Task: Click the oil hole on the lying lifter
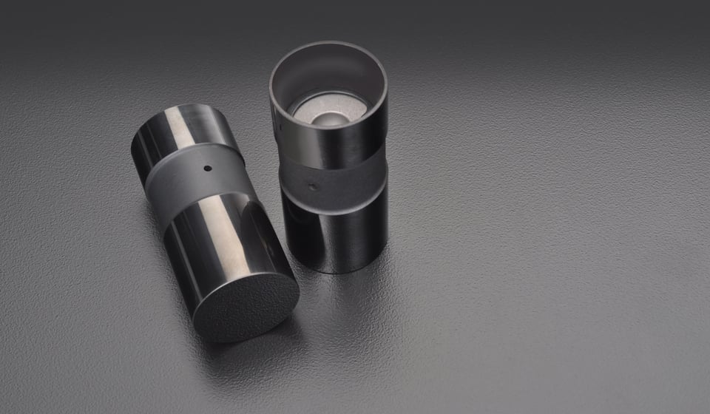[x=208, y=168]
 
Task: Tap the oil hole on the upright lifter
[x=313, y=187]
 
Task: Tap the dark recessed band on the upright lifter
[x=337, y=177]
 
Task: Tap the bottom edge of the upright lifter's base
[x=337, y=271]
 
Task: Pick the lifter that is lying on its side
[x=214, y=222]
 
